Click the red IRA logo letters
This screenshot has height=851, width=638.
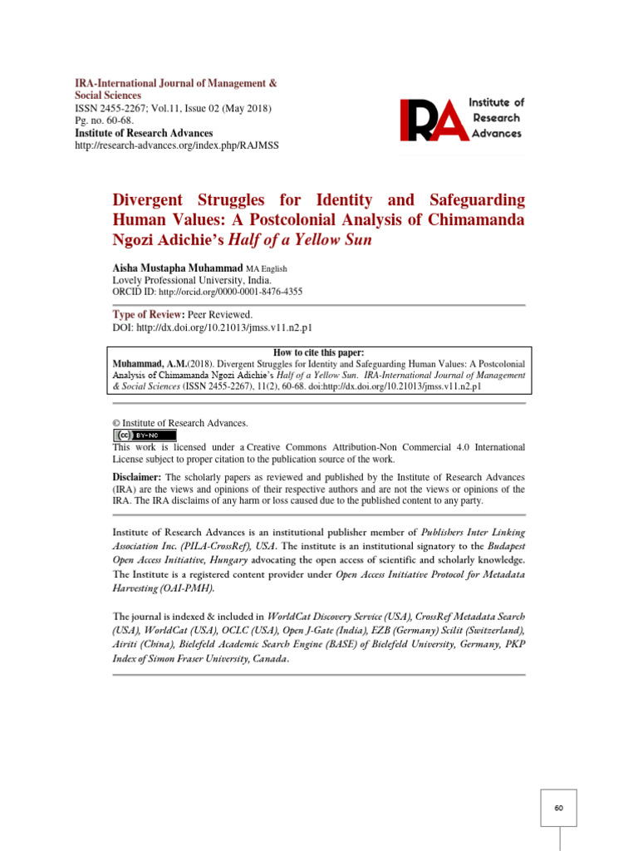[430, 120]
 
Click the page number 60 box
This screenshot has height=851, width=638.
[558, 808]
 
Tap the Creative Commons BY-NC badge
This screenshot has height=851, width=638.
[145, 435]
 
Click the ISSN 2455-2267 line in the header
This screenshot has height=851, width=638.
[173, 109]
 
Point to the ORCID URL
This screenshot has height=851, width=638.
[230, 292]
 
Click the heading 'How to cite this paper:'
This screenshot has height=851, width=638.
[319, 352]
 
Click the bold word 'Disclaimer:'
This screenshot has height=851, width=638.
[137, 477]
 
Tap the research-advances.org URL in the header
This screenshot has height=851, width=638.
[177, 145]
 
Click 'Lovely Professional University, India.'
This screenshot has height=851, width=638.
[191, 280]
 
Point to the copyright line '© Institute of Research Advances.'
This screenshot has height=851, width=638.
[179, 423]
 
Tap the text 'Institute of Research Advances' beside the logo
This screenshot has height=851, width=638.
[496, 117]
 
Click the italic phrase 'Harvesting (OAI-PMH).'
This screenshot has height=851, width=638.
[163, 588]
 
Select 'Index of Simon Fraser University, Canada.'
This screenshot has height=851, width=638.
[201, 659]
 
